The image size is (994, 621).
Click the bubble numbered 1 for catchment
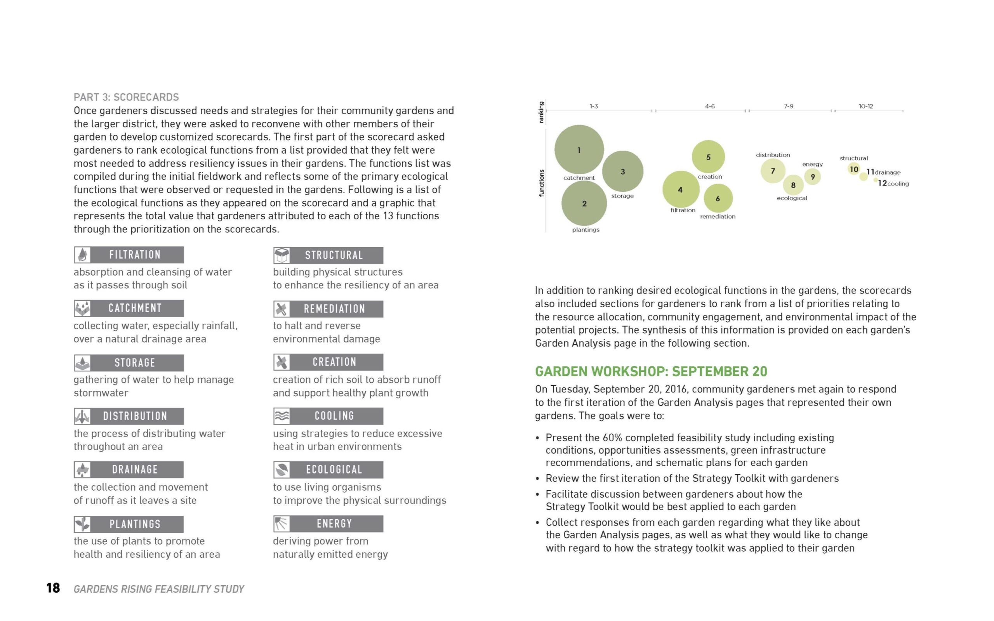(x=579, y=149)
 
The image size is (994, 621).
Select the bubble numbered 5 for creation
(x=708, y=157)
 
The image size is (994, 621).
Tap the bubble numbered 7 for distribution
(x=773, y=171)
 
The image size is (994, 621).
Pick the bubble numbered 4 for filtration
(x=681, y=189)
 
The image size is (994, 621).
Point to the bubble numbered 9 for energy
(x=812, y=177)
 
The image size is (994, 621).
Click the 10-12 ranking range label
(x=865, y=106)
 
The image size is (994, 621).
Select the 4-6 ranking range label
(x=710, y=106)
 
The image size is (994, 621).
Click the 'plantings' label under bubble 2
(x=586, y=230)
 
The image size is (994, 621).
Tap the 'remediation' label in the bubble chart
(x=718, y=217)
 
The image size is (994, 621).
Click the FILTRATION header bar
(x=129, y=255)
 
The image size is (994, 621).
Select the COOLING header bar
(x=328, y=416)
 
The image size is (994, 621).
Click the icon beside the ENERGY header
(x=282, y=524)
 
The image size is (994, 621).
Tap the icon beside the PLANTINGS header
(x=83, y=524)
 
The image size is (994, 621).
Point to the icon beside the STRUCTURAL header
(x=282, y=255)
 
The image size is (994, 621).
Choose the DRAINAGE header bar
(x=129, y=470)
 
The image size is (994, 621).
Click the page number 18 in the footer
(x=53, y=588)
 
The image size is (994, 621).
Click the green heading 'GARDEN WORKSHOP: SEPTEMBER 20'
(x=651, y=371)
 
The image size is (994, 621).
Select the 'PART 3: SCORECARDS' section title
(x=126, y=97)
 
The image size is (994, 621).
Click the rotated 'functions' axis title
(x=541, y=183)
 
